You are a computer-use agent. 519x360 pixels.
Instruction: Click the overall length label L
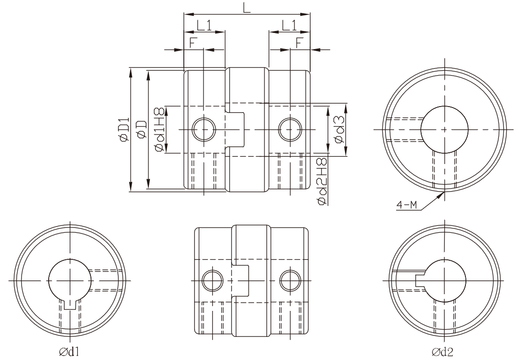click(x=247, y=7)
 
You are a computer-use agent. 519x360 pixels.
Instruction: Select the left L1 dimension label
click(x=204, y=26)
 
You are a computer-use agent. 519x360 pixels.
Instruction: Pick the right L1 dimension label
click(x=289, y=26)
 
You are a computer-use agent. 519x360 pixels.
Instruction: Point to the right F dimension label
click(x=299, y=43)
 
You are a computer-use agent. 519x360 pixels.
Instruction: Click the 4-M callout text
click(x=406, y=205)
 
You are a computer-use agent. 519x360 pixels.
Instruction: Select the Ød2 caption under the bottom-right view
click(x=442, y=351)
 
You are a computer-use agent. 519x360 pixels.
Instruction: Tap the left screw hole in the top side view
click(x=204, y=129)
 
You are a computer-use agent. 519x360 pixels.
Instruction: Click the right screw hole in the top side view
click(x=290, y=129)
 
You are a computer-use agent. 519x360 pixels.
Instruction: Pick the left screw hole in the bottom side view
click(x=212, y=280)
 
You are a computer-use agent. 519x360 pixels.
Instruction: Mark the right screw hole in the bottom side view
click(x=289, y=280)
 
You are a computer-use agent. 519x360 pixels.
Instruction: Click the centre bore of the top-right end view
click(x=444, y=129)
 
